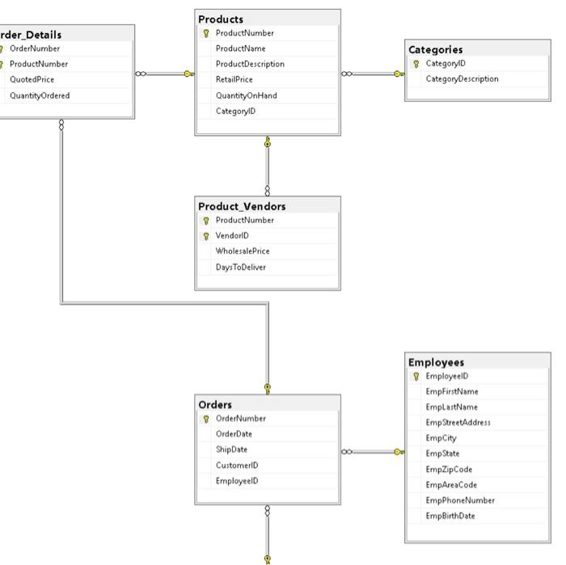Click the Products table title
(x=221, y=19)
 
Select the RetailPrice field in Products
(x=234, y=80)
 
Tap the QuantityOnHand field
(x=246, y=95)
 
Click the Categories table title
(x=436, y=49)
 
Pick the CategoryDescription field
(x=462, y=79)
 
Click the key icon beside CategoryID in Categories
(x=416, y=64)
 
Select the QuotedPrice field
(x=32, y=80)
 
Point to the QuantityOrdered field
(x=40, y=95)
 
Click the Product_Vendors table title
(x=242, y=206)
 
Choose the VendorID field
(x=232, y=236)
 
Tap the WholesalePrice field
(x=243, y=251)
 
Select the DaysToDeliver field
(x=240, y=267)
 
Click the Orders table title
(x=215, y=404)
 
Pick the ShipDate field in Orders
(x=231, y=449)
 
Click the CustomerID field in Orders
(x=237, y=466)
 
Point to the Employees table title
(x=437, y=362)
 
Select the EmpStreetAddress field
(x=458, y=423)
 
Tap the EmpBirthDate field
(x=450, y=516)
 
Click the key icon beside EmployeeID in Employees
(x=416, y=377)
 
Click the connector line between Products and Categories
(x=374, y=74)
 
